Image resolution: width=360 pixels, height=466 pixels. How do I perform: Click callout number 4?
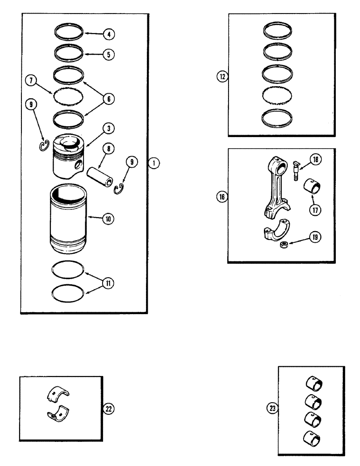click(108, 34)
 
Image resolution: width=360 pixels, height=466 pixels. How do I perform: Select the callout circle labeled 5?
click(108, 54)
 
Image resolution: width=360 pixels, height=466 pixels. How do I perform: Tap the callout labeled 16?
click(222, 197)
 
